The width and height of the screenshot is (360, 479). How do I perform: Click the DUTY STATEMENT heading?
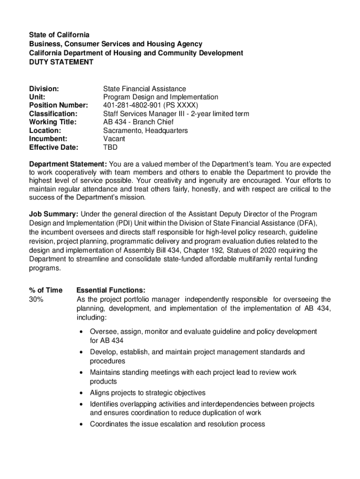61,62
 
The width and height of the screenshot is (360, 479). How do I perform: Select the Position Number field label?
58,105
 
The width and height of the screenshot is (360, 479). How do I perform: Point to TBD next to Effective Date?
110,147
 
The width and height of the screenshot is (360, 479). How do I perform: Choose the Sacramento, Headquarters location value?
145,131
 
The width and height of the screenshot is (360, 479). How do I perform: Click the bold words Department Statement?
68,164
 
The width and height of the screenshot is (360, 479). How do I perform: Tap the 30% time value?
36,299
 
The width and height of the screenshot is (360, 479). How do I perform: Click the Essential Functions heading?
111,290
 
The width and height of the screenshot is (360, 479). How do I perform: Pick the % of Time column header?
45,290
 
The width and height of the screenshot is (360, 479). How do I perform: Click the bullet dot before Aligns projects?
82,393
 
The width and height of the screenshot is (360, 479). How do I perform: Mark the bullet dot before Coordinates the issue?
82,424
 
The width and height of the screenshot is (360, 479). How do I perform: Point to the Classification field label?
53,114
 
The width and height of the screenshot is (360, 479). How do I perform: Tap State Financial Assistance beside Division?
144,88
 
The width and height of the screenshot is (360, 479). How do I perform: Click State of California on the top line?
59,35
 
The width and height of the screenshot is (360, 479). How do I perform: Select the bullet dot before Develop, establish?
82,352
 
